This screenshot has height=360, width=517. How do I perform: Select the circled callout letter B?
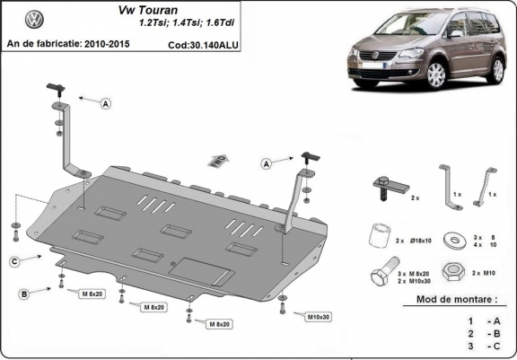24,294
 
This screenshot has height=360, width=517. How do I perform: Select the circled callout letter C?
15,261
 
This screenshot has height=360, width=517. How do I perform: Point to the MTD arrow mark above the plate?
217,160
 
